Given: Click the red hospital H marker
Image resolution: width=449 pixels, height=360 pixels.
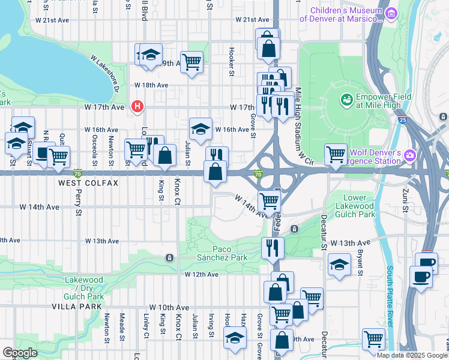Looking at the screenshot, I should click(x=138, y=107).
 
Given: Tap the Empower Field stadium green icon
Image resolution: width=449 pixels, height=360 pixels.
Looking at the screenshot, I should click(x=346, y=100).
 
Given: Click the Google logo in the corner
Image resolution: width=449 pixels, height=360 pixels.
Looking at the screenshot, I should click(x=20, y=353).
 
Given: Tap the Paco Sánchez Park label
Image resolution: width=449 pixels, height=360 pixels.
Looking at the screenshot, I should click(x=221, y=253).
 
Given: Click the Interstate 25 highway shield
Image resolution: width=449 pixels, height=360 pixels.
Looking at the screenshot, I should click(x=401, y=120).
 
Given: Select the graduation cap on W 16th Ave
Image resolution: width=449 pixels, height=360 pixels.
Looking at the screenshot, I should click(x=200, y=127).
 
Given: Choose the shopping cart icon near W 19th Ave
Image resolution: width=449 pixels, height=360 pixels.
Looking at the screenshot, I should click(x=191, y=61).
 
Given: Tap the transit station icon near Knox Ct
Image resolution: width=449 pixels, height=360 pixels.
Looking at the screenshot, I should click(x=170, y=258).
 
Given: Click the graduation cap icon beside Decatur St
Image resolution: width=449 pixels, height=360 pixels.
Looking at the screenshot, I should click(x=339, y=265).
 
